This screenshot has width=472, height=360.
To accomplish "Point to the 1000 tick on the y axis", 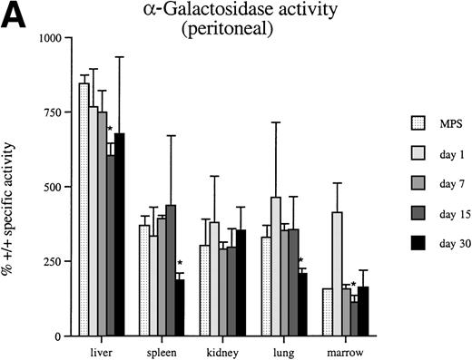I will pyautogui.click(x=46, y=38).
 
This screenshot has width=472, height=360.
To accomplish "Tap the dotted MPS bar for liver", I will pyautogui.click(x=84, y=209).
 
